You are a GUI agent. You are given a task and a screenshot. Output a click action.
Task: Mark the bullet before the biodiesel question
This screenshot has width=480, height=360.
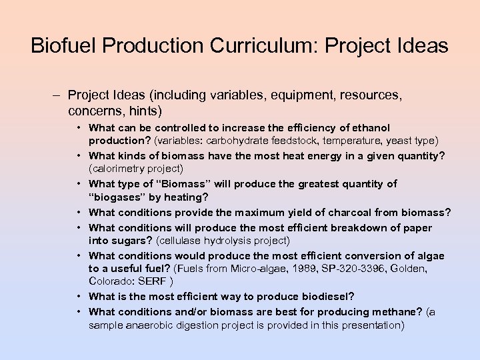pos(79,297)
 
